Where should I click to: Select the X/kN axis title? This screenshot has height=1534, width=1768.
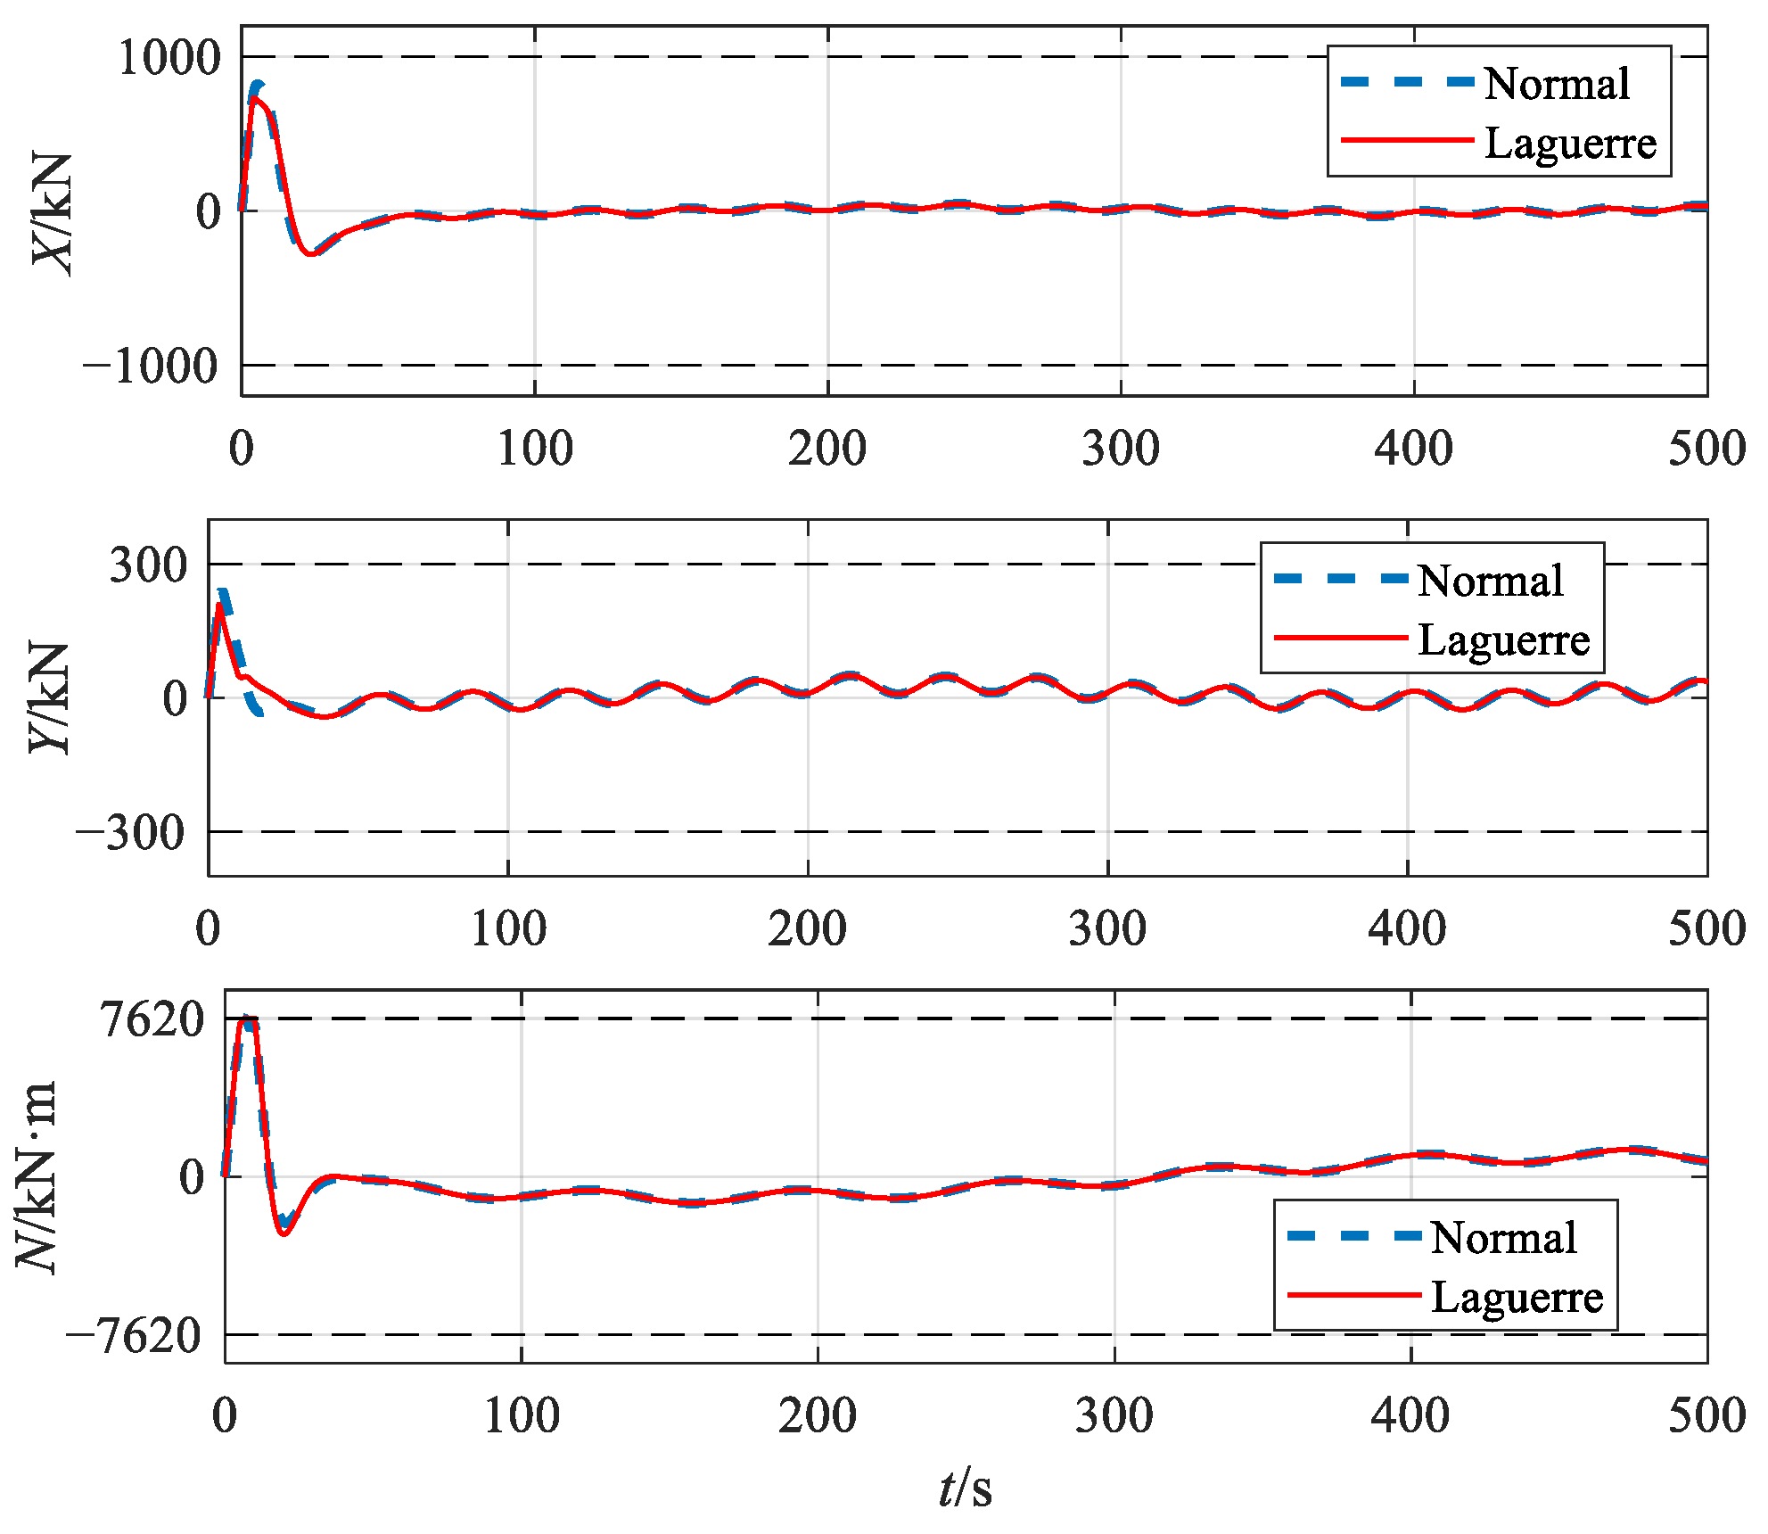point(52,214)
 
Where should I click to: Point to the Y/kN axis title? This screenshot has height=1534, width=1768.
point(50,697)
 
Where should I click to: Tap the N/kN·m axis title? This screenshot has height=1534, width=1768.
point(37,1177)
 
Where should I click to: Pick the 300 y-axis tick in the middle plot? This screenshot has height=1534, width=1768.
point(148,565)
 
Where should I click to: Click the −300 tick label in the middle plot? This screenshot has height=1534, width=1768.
point(132,834)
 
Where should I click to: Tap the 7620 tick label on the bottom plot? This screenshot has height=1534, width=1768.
point(153,1019)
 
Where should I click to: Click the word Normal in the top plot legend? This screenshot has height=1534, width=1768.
point(1557,84)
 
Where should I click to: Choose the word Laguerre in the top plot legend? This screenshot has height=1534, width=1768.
point(1570,143)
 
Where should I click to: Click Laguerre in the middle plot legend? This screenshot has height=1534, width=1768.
point(1503,639)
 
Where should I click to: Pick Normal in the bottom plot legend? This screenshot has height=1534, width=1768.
point(1503,1238)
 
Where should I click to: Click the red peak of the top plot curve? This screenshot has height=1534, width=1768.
point(254,98)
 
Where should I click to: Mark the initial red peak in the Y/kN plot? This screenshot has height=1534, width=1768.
point(219,606)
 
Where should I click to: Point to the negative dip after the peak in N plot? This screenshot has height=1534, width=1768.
point(284,1233)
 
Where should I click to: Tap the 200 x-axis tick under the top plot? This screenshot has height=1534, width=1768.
point(826,449)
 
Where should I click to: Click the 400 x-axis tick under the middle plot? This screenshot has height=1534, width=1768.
point(1407,929)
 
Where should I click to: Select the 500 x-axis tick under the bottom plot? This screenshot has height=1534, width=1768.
point(1706,1416)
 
